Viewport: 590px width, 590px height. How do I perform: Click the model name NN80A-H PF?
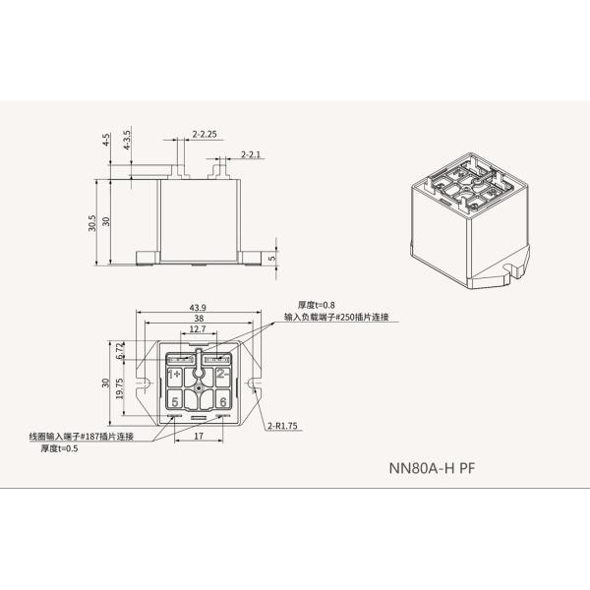(x=431, y=469)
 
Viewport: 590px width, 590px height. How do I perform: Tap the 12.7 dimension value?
(x=198, y=331)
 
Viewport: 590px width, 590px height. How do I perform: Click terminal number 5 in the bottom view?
(x=174, y=401)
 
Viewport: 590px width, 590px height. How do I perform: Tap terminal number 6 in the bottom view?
(x=223, y=401)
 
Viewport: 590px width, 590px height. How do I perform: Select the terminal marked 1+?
(x=174, y=375)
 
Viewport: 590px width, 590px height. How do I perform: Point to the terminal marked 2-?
(x=222, y=375)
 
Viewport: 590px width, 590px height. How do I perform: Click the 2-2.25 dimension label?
(x=206, y=131)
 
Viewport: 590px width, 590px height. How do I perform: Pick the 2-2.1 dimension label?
(x=253, y=154)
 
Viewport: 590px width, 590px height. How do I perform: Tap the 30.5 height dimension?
(x=92, y=222)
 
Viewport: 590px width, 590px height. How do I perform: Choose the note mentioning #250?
(x=336, y=317)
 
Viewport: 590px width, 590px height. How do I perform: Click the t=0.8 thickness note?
(x=315, y=305)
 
